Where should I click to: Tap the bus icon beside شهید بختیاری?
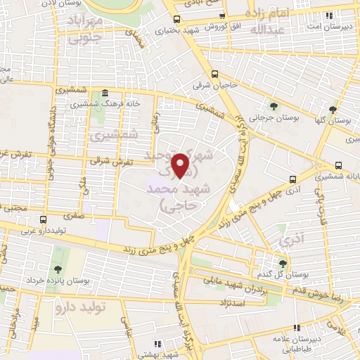coord(176,19)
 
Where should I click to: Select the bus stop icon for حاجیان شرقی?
coord(214,74)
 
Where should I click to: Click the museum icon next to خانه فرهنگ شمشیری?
coord(105,94)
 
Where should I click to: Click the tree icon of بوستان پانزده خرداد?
coord(55,269)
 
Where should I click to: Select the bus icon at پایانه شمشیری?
coord(339,166)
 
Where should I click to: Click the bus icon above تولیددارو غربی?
coord(43,219)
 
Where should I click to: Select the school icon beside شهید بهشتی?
coord(157,344)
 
